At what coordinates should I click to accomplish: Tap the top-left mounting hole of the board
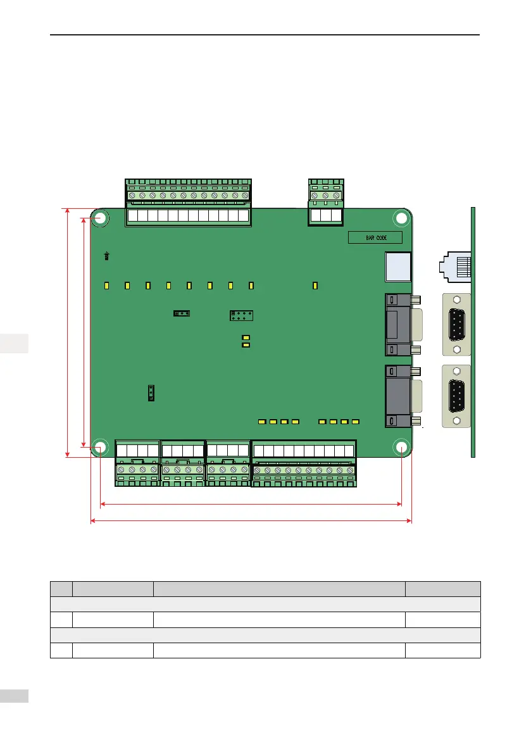pyautogui.click(x=100, y=218)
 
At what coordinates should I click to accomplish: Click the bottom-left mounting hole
pyautogui.click(x=100, y=447)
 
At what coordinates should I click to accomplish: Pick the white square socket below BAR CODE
pyautogui.click(x=398, y=267)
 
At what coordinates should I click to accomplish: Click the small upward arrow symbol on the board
pyautogui.click(x=107, y=256)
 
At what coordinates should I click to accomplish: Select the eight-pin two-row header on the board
pyautogui.click(x=241, y=315)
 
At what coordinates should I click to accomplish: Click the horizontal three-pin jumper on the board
pyautogui.click(x=182, y=313)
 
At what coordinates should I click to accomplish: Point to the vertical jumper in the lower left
pyautogui.click(x=151, y=393)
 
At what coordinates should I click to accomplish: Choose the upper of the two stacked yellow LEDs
pyautogui.click(x=246, y=337)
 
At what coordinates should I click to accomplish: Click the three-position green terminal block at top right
pyautogui.click(x=325, y=203)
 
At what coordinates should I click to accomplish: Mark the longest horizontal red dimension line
pyautogui.click(x=251, y=521)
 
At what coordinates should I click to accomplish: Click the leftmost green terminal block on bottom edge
pyautogui.click(x=137, y=463)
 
